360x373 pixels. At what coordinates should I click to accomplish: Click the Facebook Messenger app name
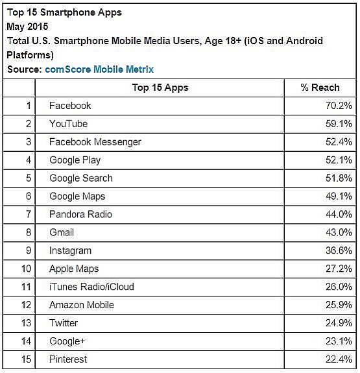pos(95,142)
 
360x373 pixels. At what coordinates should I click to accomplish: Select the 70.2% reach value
pos(339,106)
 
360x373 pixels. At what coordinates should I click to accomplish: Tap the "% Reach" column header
pos(320,88)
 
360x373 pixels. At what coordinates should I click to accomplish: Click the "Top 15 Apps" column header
pos(160,88)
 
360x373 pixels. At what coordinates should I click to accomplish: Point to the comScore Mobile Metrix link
pos(99,69)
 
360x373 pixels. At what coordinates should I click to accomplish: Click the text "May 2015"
pos(27,27)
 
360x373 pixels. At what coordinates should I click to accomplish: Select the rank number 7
pos(29,214)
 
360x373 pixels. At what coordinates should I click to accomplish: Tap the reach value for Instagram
pos(339,250)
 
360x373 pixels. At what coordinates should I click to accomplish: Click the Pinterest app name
pos(68,359)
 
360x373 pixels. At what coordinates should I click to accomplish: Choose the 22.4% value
pos(339,359)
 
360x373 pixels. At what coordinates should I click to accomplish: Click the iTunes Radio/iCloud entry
pos(91,287)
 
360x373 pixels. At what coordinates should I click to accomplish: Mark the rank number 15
pos(26,359)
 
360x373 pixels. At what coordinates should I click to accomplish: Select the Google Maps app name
pos(77,197)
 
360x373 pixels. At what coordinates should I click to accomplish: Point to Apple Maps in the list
pos(74,269)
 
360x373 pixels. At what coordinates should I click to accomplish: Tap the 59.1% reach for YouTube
pos(339,124)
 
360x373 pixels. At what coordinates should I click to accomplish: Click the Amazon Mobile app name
pos(82,305)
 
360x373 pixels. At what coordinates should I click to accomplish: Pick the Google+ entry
pos(67,341)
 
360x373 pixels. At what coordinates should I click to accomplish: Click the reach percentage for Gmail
pos(339,232)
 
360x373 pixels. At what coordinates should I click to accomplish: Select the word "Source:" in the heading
pos(25,69)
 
